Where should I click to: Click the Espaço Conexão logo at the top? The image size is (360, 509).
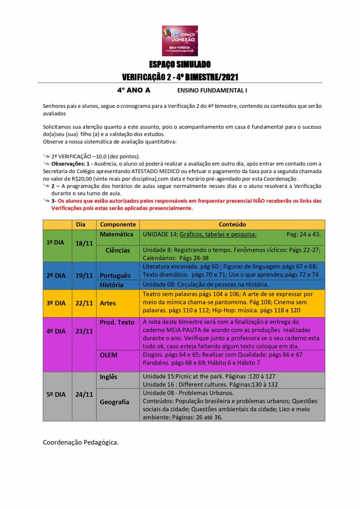coord(180,40)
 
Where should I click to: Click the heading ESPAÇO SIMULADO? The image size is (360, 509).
coord(180,64)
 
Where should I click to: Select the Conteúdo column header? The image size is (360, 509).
coord(232,224)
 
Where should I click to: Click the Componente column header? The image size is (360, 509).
coord(118,224)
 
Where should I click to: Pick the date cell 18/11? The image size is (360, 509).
coord(84,243)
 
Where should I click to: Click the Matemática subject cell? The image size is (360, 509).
coord(117,234)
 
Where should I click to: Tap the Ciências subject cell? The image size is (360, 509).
coord(118,250)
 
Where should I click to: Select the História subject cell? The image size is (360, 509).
coord(112,284)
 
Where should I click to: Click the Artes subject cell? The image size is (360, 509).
coord(108,303)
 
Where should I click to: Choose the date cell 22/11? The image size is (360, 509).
coord(84,303)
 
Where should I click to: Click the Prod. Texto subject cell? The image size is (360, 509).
coord(117,322)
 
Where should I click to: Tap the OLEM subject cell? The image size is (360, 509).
coord(108,355)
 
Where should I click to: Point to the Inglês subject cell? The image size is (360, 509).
coord(108,377)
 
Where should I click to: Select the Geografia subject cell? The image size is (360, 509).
coord(114,402)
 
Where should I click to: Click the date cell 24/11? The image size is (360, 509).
coord(84,394)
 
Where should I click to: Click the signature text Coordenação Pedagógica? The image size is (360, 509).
coord(81,442)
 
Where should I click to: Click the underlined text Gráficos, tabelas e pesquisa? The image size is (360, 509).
coord(218,234)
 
